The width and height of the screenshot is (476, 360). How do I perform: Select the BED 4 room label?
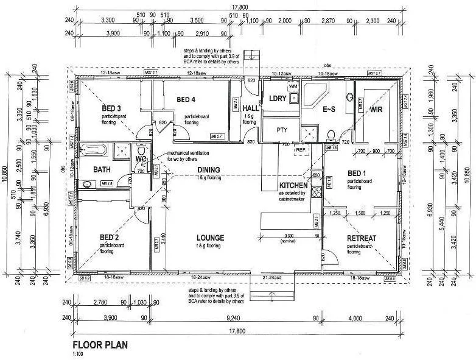point(186,99)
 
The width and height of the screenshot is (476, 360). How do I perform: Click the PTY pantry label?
point(281,130)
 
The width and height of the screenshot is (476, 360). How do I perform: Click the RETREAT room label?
point(361,238)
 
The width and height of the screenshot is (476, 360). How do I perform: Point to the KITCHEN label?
point(293,185)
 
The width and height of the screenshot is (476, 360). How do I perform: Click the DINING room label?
point(208,170)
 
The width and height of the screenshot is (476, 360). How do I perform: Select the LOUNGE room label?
point(211,237)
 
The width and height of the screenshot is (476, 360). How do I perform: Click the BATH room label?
point(101,169)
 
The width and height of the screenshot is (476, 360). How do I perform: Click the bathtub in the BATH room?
point(95,149)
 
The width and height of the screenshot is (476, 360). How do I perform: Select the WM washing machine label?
point(293,87)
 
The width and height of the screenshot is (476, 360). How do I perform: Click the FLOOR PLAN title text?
point(100,344)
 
